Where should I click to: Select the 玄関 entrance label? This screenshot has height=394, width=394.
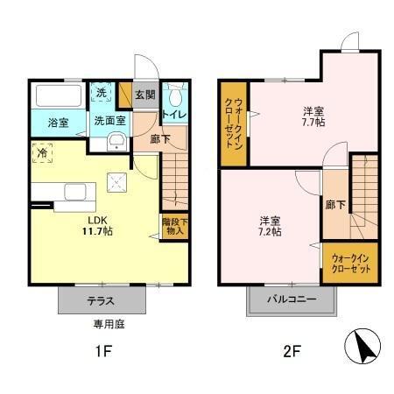tap(144, 95)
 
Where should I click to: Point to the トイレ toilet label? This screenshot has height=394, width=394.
tap(173, 114)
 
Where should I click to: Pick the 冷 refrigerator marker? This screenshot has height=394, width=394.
tap(42, 152)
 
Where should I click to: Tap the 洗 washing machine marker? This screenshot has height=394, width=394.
tap(102, 93)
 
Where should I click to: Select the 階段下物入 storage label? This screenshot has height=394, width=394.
tap(173, 226)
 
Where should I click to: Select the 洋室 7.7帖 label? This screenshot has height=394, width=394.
tap(313, 116)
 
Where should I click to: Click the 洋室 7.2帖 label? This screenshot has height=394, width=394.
tap(270, 226)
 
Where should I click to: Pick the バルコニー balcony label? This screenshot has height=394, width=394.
tap(292, 300)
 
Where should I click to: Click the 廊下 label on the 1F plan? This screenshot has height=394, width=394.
tap(159, 138)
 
